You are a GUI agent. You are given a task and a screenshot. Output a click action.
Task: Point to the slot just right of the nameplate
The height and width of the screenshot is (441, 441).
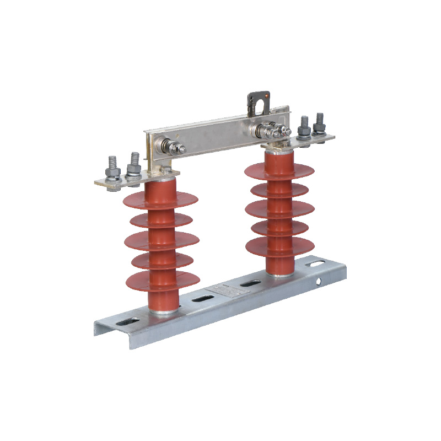(250, 283)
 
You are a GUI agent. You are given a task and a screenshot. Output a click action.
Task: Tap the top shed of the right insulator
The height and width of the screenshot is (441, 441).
(279, 169)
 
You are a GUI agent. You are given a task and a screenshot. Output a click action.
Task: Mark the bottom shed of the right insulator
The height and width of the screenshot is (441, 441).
(279, 246)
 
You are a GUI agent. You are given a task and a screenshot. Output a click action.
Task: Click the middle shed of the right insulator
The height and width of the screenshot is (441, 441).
(279, 208)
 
